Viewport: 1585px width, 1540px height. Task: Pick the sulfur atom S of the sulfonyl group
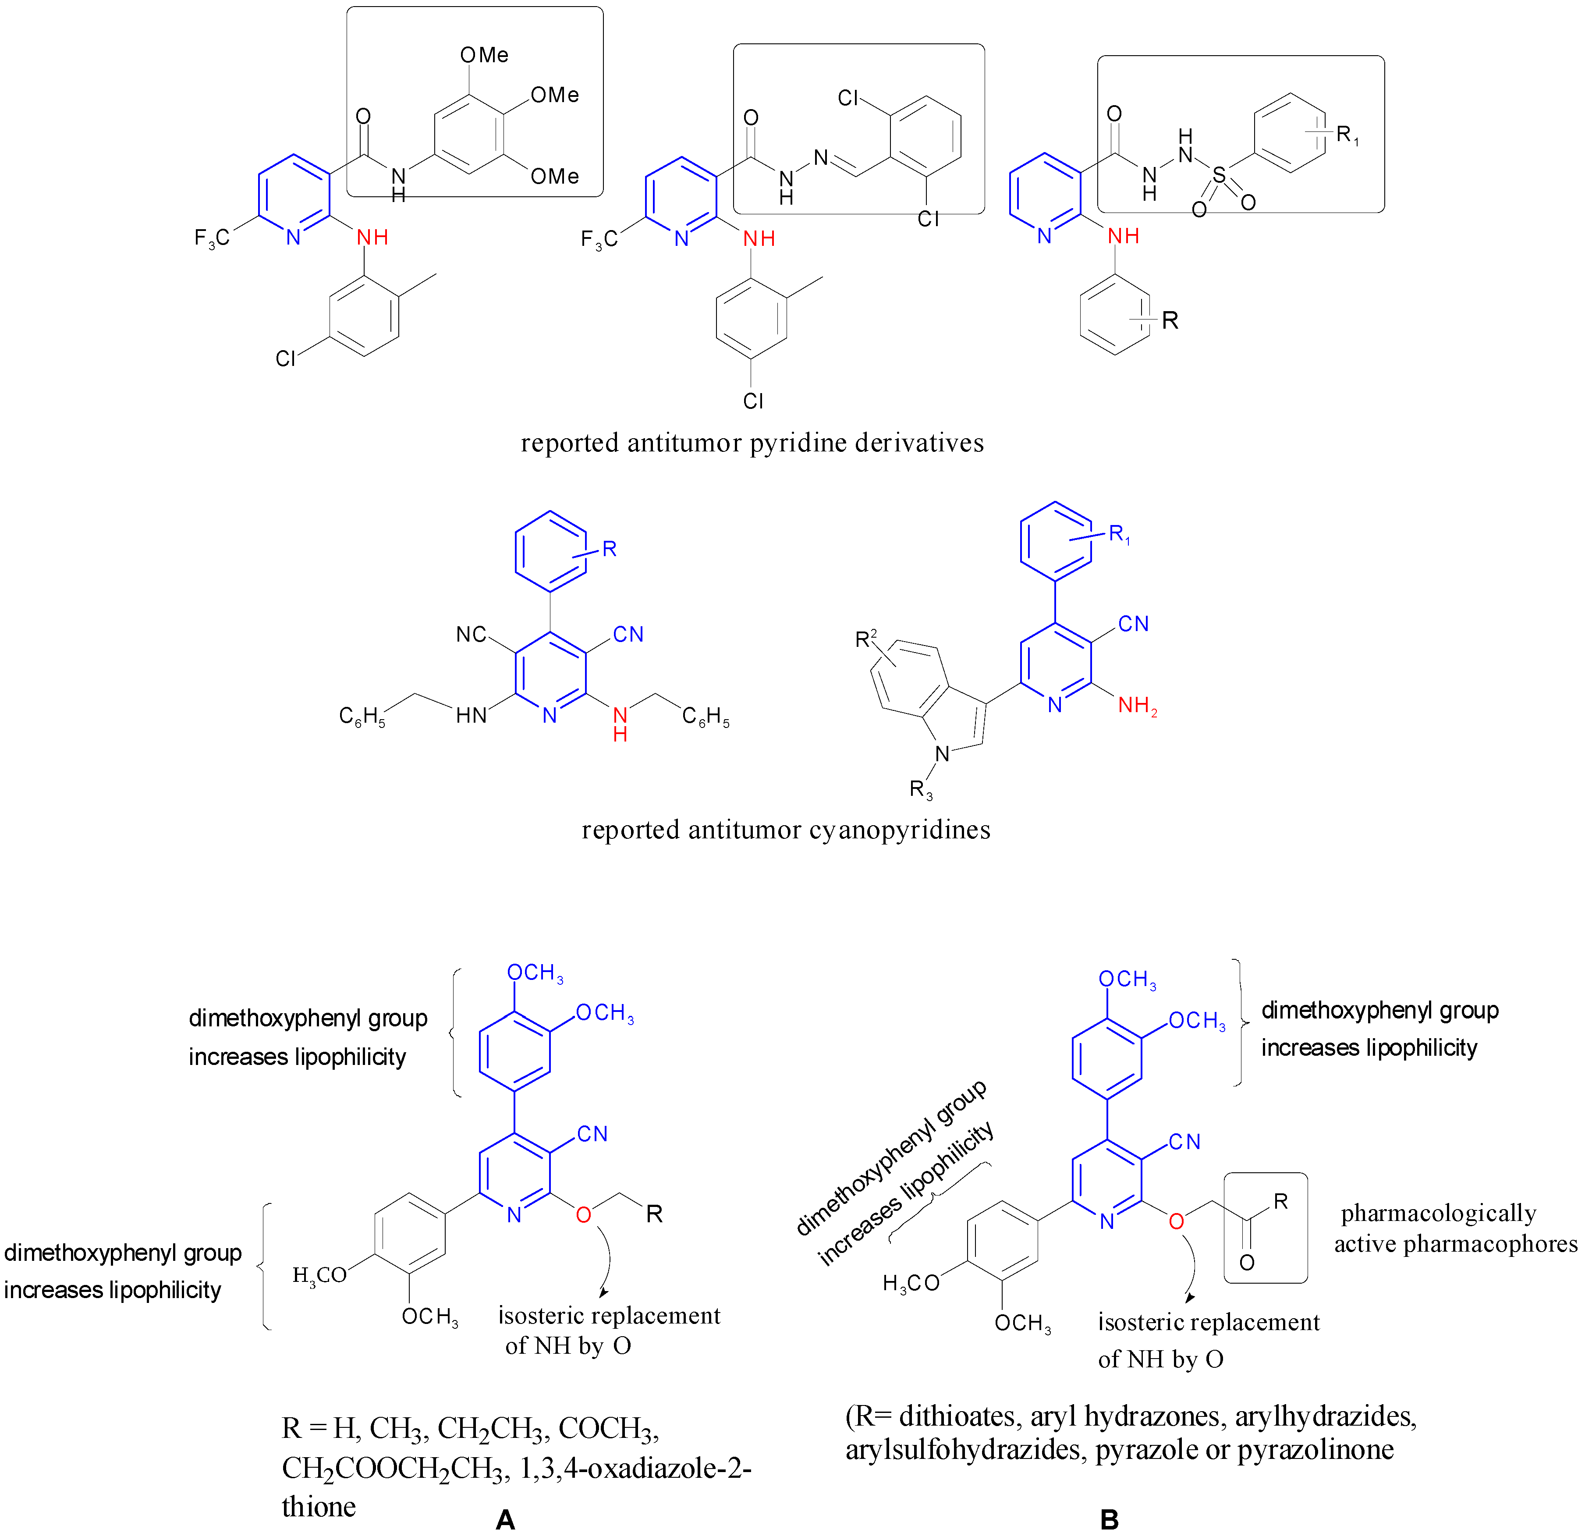(1219, 175)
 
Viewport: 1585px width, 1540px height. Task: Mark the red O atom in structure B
(1177, 1221)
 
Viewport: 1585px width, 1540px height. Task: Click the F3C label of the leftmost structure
(212, 238)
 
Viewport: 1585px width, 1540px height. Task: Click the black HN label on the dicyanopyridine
(472, 716)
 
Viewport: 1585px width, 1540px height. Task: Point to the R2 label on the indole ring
(866, 639)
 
